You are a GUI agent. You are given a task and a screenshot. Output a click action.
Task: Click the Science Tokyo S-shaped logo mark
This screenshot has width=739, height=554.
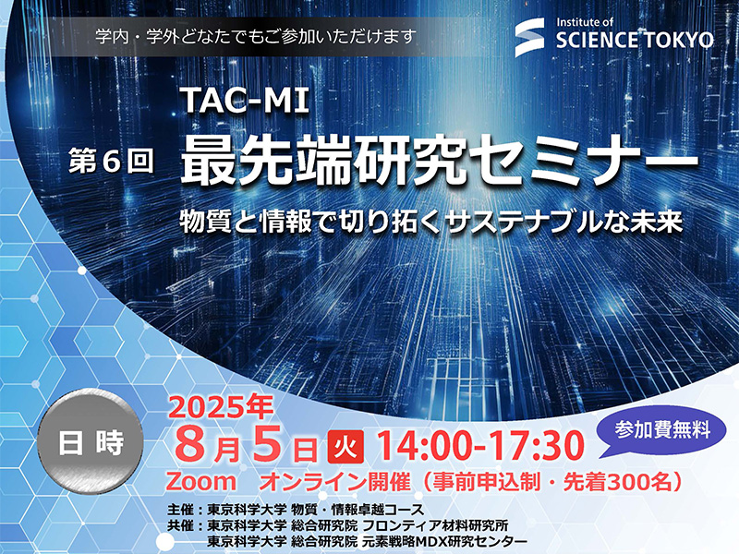click(529, 37)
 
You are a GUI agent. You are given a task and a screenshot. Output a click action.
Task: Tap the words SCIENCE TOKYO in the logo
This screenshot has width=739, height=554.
click(635, 41)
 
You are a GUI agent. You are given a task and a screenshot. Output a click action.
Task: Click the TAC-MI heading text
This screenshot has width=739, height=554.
click(245, 101)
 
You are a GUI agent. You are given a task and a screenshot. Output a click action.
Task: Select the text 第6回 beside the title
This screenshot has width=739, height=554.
click(111, 161)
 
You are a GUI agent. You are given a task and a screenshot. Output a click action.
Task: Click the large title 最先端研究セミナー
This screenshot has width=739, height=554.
click(439, 161)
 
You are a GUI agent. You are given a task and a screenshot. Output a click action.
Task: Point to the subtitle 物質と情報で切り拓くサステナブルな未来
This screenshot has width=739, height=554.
click(431, 222)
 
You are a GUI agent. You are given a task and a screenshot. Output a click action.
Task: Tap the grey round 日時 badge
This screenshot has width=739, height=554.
click(90, 443)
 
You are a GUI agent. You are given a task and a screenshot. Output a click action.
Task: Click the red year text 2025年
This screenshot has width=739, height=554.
click(221, 406)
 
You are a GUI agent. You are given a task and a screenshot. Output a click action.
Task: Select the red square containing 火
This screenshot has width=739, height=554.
click(345, 446)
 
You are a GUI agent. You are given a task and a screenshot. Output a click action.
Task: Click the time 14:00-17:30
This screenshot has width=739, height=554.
click(480, 446)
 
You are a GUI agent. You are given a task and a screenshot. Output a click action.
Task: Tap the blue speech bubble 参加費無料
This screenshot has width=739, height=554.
click(661, 431)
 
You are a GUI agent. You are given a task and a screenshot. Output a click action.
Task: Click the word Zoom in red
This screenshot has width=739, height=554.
click(200, 481)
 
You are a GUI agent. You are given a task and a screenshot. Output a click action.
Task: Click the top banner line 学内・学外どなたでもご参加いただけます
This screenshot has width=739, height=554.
click(257, 36)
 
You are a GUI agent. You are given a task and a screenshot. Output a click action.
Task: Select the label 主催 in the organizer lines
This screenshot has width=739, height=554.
click(179, 510)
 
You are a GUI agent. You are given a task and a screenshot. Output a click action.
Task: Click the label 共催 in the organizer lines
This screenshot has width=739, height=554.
click(179, 525)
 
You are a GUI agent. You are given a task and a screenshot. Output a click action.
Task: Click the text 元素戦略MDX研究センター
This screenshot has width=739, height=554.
click(445, 541)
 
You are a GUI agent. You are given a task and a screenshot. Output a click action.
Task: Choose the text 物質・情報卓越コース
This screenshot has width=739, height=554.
click(357, 510)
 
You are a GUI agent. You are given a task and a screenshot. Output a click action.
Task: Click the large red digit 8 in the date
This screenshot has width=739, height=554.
click(191, 445)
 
